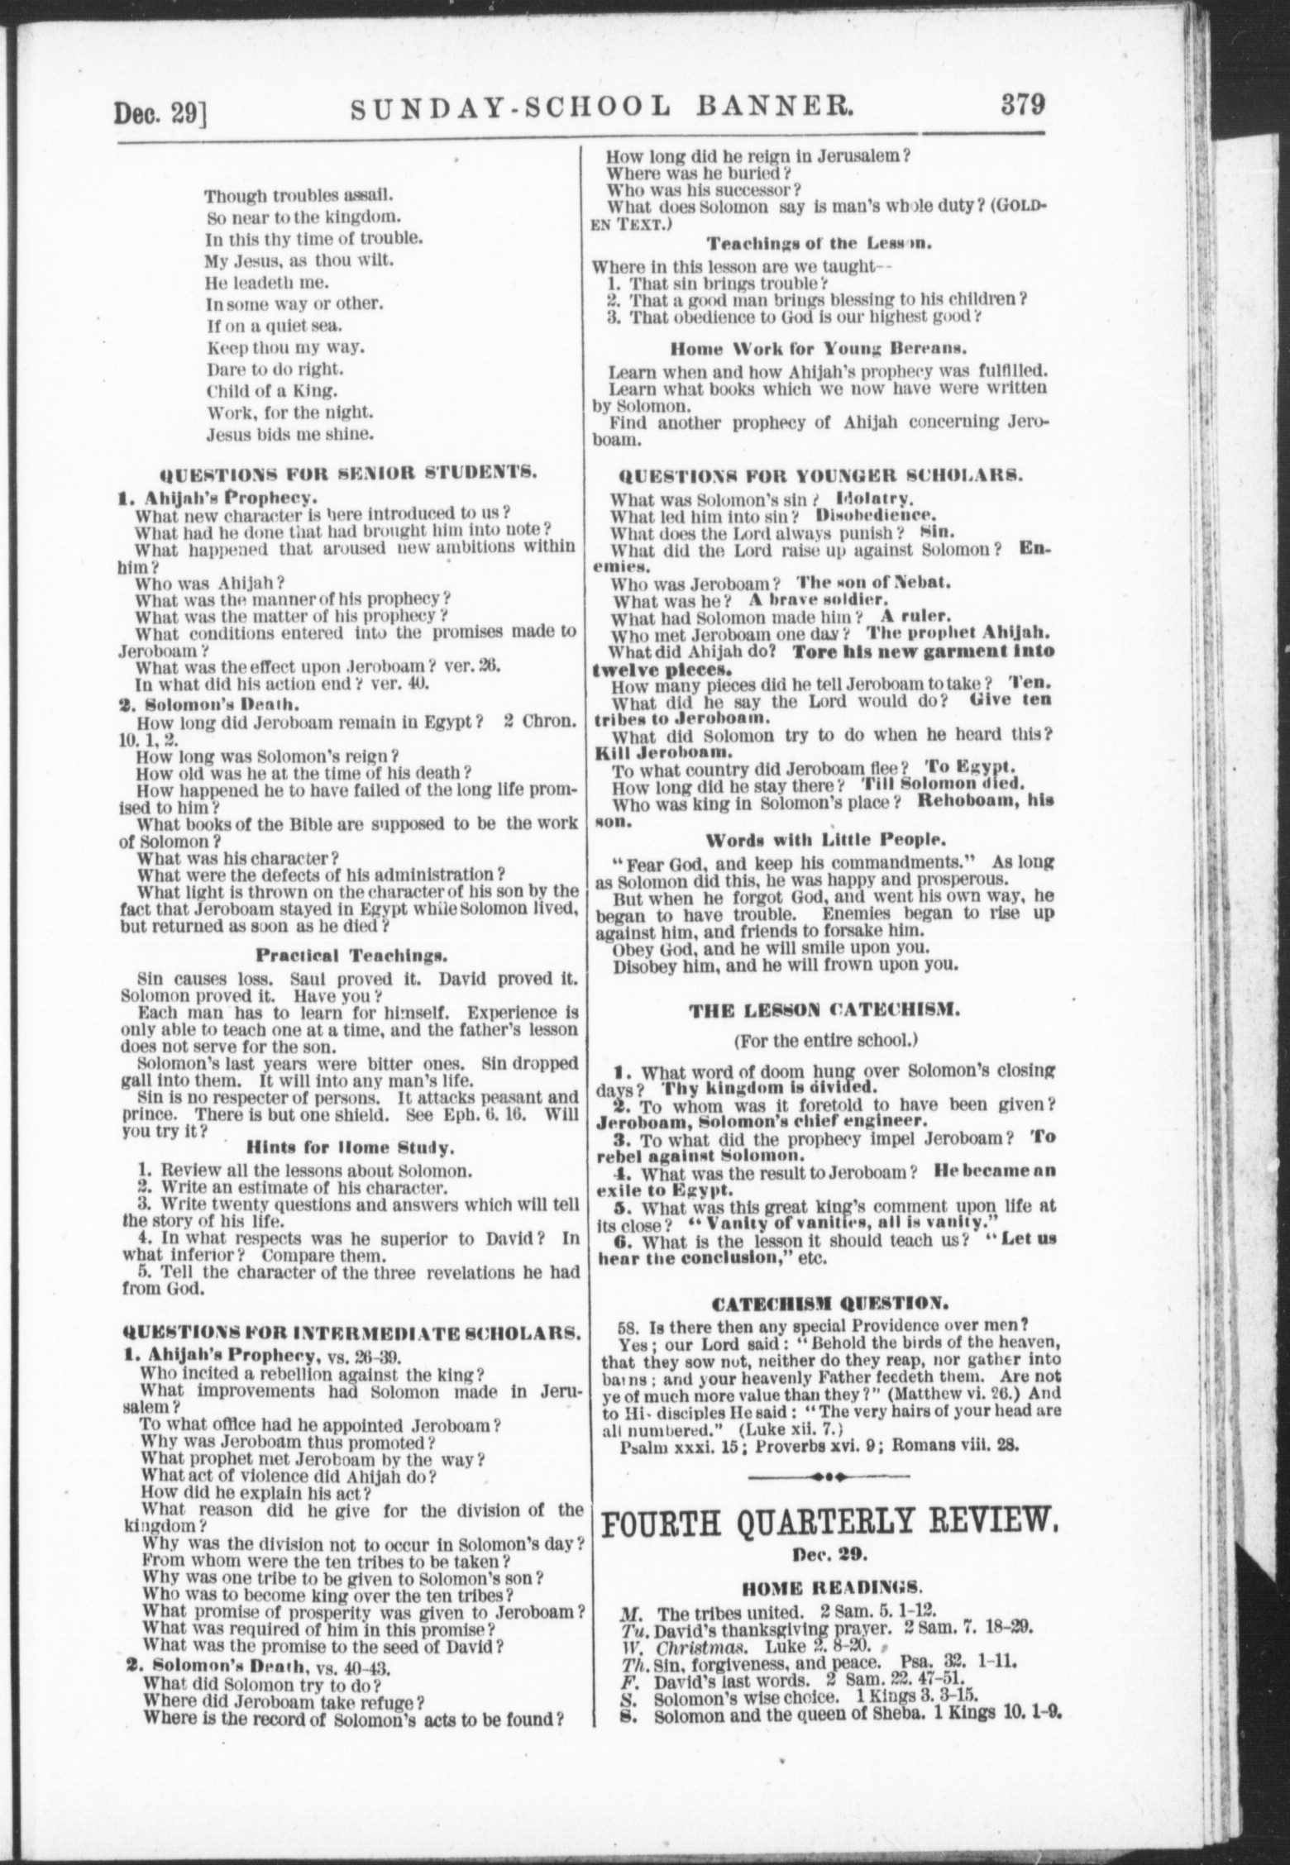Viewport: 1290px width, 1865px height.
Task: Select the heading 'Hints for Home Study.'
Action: [351, 1148]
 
